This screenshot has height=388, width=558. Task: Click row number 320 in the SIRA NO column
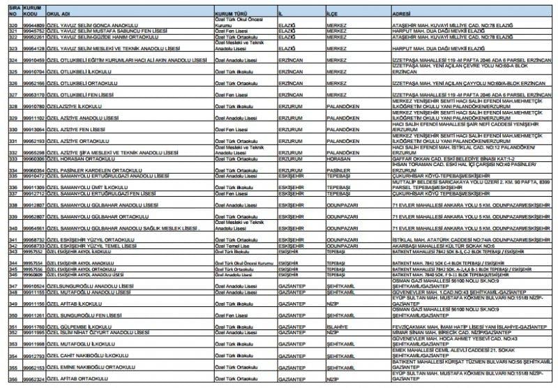point(10,25)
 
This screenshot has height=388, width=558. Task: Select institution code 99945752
point(33,31)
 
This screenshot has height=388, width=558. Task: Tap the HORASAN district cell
point(339,159)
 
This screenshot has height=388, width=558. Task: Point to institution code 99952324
point(33,379)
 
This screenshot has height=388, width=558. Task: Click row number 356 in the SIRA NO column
point(10,379)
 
